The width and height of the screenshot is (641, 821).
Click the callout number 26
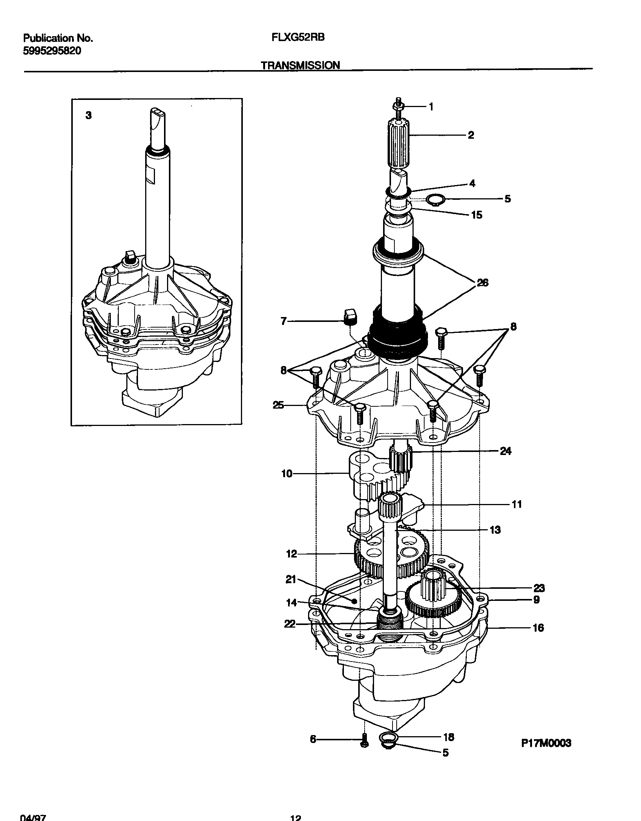coord(482,283)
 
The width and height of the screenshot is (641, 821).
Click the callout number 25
coord(279,406)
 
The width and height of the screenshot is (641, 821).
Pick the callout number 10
coord(287,474)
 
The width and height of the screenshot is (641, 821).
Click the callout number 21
coord(291,580)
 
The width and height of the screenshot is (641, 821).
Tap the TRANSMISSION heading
coord(301,65)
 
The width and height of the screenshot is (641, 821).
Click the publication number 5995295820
coord(52,51)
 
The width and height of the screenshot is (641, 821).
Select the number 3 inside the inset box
coord(88,116)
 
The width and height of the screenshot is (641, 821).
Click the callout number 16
coord(538,628)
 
